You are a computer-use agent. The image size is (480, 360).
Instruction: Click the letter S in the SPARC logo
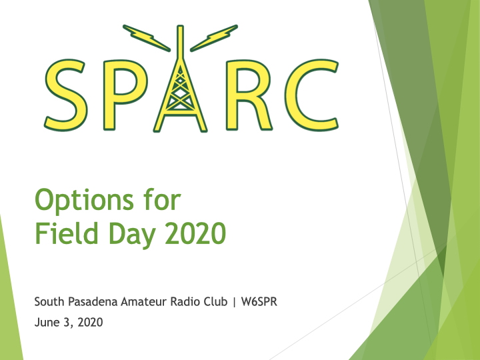[x=65, y=95]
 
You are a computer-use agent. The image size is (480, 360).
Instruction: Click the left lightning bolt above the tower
[x=146, y=38]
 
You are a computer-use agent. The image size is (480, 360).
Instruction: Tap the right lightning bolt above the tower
[x=214, y=38]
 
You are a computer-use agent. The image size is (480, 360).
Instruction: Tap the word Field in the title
[x=67, y=233]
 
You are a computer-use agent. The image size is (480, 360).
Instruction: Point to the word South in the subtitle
[x=49, y=301]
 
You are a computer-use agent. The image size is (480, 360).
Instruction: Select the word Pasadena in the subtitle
[x=93, y=301]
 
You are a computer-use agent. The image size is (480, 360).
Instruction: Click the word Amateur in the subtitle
[x=144, y=301]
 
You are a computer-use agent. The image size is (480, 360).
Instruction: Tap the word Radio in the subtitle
[x=185, y=301]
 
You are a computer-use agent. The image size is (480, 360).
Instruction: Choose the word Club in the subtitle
[x=215, y=301]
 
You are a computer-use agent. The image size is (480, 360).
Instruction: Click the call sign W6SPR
[x=259, y=301]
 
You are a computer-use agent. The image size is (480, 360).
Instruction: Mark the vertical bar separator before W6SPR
[x=235, y=302]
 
